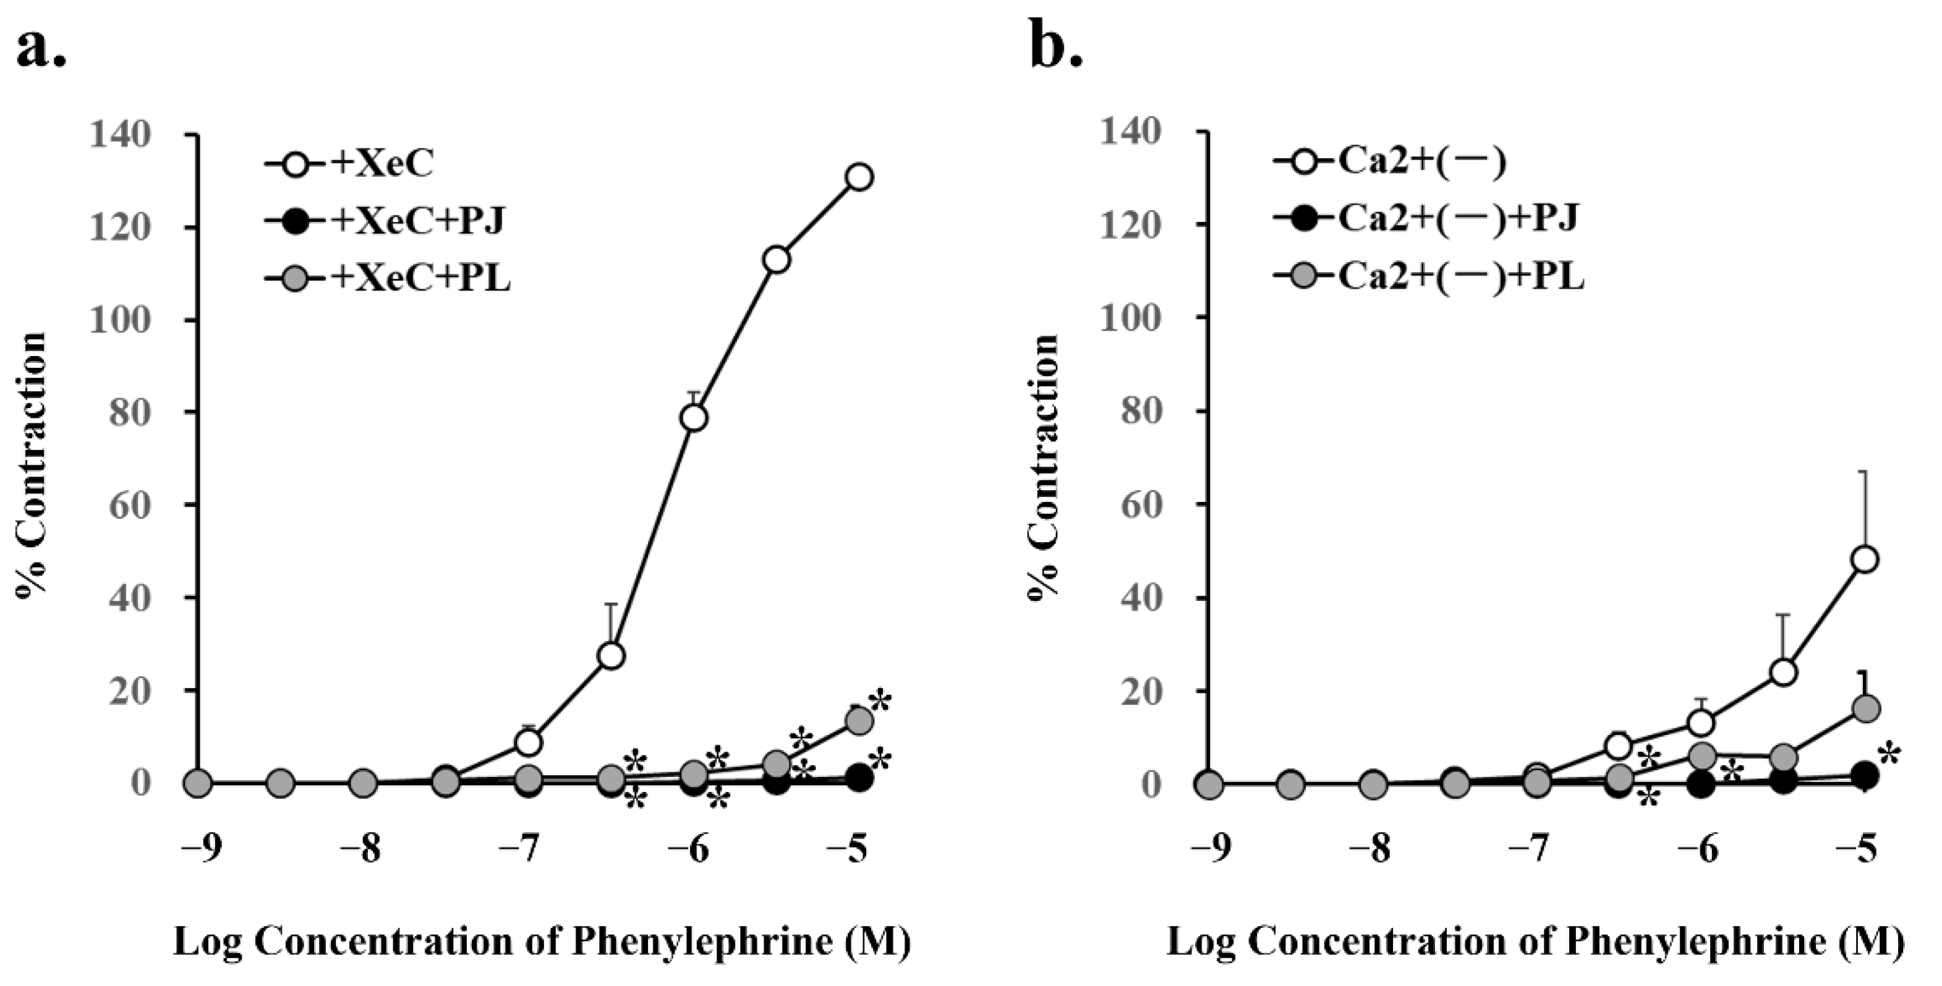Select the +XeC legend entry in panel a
(x=351, y=164)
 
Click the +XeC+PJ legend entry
(x=385, y=222)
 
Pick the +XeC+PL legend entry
(x=388, y=279)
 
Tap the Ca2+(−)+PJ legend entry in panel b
(x=1425, y=219)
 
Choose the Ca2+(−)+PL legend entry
(x=1429, y=278)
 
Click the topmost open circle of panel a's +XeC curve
(x=859, y=177)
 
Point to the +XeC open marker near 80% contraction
(x=694, y=418)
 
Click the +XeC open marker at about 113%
(x=776, y=259)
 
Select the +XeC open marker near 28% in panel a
(x=611, y=656)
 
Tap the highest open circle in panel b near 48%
(x=1863, y=559)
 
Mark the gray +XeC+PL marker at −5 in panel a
(x=859, y=721)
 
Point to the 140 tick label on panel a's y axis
(x=130, y=135)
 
